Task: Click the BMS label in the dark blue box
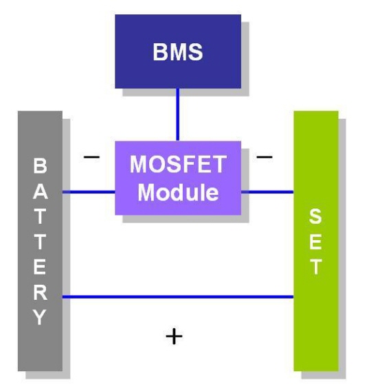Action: pos(178,52)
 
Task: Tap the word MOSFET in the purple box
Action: pos(178,164)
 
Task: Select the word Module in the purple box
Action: pos(178,192)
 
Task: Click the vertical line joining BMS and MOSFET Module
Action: pos(178,115)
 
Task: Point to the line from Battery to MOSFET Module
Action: pos(89,191)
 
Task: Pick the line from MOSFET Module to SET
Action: pos(267,191)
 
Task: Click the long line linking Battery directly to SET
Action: pos(178,296)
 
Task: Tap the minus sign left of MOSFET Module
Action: pos(91,156)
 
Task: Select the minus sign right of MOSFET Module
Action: pos(265,156)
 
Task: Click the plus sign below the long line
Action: pos(174,336)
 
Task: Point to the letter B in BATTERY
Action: pos(40,165)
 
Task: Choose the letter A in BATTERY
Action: pos(40,191)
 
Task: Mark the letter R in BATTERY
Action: pos(40,292)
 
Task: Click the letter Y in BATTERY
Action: pos(40,317)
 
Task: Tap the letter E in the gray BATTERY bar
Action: pos(40,267)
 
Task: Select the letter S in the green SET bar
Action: pos(315,216)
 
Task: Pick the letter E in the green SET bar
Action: pos(315,242)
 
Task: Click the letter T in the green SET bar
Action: pos(315,267)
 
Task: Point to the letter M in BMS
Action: pos(178,52)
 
